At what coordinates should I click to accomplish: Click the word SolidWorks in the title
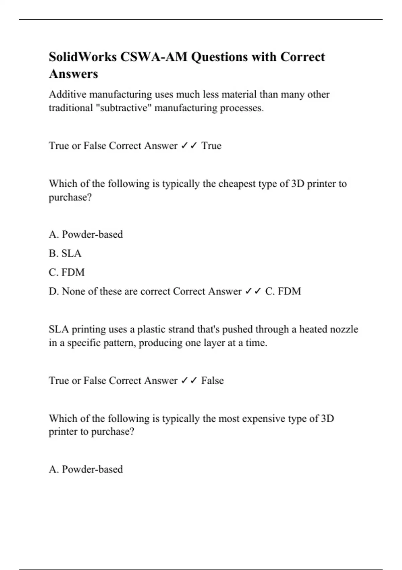[82, 57]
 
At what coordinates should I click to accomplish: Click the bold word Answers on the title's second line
[73, 74]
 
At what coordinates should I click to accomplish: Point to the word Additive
[67, 95]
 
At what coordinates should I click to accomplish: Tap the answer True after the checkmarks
[211, 146]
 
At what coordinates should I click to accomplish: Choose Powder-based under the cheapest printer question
[92, 234]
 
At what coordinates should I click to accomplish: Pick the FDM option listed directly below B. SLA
[73, 272]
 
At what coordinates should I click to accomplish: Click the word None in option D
[73, 291]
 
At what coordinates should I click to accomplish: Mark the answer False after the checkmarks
[212, 381]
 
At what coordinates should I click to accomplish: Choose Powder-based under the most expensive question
[92, 469]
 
